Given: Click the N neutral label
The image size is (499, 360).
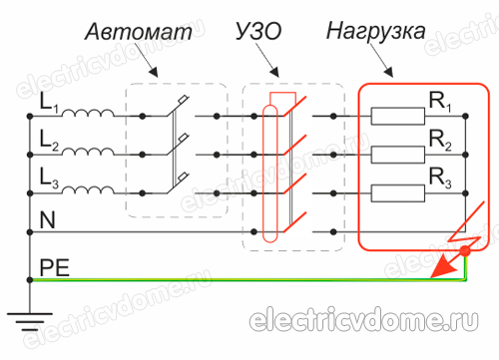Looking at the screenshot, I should tap(46, 217).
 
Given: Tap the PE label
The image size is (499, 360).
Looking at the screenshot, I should tap(52, 265).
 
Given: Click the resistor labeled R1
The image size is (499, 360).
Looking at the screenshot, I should tap(398, 117).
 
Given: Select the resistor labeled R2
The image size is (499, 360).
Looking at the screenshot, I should tap(398, 155).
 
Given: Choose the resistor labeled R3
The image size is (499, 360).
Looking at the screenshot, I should tap(398, 192).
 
